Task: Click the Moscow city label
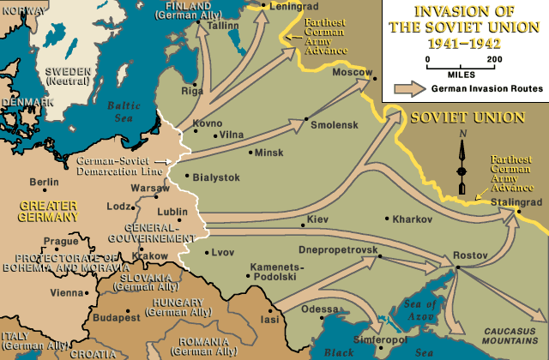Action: tap(353, 72)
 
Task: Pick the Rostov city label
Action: tap(469, 255)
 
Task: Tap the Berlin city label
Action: tap(44, 182)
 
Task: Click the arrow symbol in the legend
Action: tap(410, 88)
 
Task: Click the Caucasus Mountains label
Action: tap(510, 334)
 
